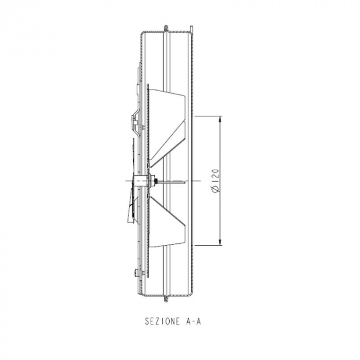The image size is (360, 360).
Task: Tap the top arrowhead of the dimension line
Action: pyautogui.click(x=220, y=119)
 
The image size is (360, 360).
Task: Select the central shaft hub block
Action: pyautogui.click(x=139, y=181)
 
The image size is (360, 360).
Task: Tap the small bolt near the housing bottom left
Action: pyautogui.click(x=135, y=273)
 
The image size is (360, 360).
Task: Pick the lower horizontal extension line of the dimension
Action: pyautogui.click(x=208, y=246)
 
